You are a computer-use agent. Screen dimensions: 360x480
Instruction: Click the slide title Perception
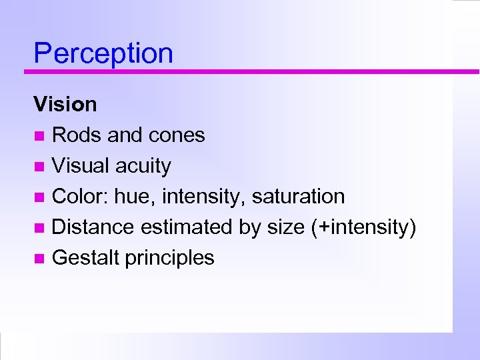tap(103, 53)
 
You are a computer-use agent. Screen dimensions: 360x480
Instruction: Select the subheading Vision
tap(65, 105)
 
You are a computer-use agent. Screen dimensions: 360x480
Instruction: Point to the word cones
tap(181, 135)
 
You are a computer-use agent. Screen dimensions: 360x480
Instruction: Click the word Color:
tap(80, 197)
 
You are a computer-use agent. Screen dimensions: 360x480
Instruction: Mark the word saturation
tap(298, 197)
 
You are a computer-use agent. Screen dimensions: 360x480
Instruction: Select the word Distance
tap(93, 227)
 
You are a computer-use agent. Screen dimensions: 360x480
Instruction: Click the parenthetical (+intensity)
tap(364, 227)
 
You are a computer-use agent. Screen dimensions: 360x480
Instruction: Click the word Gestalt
tap(85, 258)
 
